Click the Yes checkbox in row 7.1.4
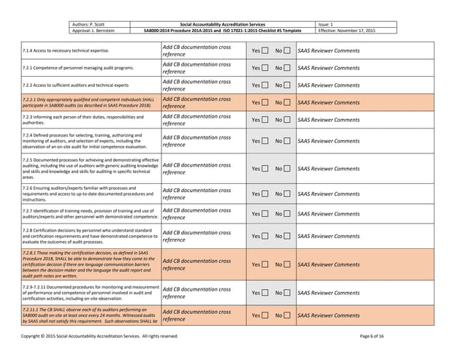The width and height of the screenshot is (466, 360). (x=264, y=51)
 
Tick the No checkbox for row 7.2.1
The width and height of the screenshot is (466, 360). (x=287, y=68)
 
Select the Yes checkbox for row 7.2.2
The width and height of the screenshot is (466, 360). (x=264, y=85)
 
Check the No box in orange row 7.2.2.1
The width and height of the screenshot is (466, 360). (x=287, y=103)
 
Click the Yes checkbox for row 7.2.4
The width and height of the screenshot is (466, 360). (x=264, y=141)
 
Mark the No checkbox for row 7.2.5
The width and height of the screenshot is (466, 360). (x=287, y=169)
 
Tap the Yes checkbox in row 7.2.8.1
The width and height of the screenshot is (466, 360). (x=264, y=264)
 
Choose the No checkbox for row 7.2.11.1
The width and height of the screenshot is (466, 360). (x=287, y=315)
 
